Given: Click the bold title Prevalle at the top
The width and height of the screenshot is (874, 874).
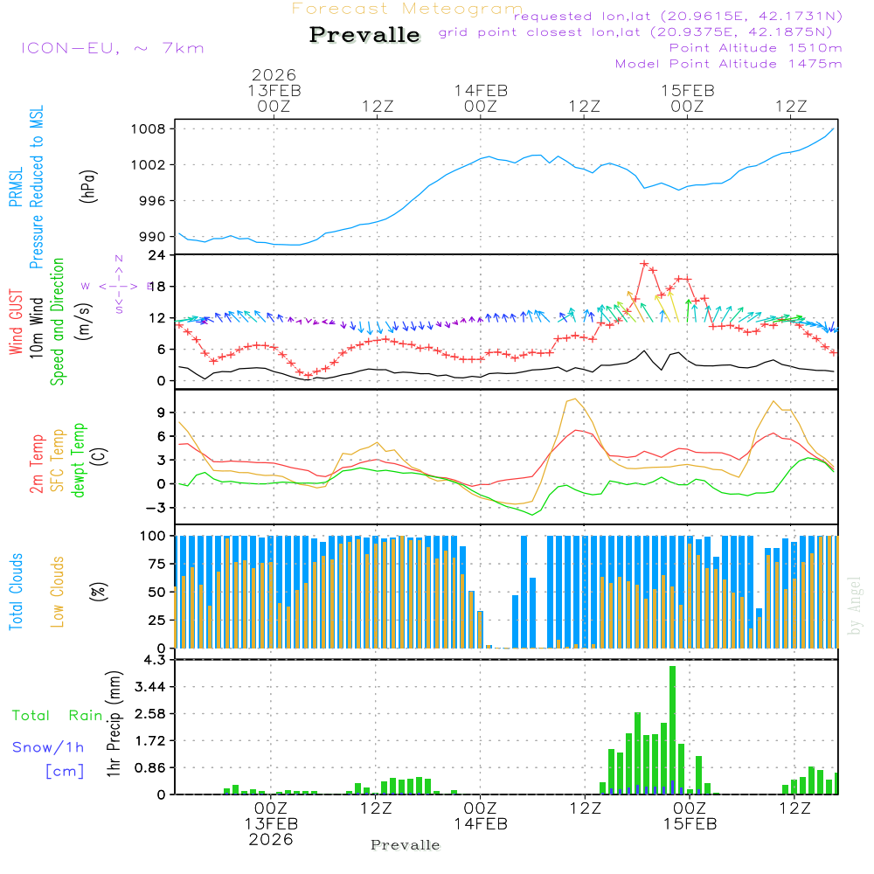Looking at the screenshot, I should click(364, 35).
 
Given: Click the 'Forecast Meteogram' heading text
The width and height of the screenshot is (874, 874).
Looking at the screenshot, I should click(407, 9).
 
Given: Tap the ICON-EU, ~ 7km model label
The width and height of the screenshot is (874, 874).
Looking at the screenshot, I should click(112, 47).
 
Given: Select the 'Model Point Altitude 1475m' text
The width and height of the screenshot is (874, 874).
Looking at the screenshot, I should click(728, 64).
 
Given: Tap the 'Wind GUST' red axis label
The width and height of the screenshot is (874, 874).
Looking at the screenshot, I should click(16, 323).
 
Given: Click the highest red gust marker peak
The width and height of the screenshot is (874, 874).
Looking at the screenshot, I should click(644, 263).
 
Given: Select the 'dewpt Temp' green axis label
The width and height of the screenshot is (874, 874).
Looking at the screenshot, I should click(80, 461).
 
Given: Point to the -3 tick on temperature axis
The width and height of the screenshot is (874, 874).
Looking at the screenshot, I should click(161, 508).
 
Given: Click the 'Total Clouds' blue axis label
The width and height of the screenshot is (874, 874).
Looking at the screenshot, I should click(16, 591).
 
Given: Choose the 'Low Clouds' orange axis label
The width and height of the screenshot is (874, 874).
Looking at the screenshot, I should click(58, 591).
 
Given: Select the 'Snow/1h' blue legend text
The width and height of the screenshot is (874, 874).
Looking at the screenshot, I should click(48, 747).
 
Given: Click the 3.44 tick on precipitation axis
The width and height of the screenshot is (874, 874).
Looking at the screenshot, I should click(154, 687).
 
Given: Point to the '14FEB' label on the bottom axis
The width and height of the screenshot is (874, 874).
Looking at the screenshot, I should click(482, 823).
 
